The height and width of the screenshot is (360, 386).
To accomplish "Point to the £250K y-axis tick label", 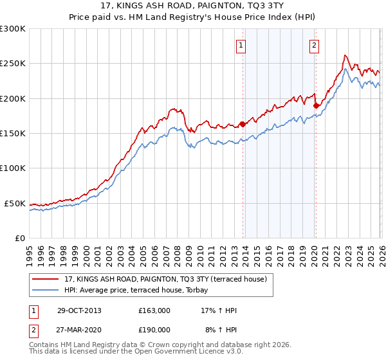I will tap(13, 64).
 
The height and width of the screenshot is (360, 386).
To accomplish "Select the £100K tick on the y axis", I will tap(13, 168).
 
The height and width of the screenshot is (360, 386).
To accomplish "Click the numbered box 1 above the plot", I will tap(241, 45).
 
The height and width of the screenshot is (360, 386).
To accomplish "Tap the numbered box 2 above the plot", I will tap(314, 45).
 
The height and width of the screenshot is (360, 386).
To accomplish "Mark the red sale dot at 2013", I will tap(243, 124).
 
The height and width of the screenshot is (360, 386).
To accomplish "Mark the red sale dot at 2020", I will tap(315, 105).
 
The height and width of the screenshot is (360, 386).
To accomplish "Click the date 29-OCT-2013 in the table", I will tap(78, 310).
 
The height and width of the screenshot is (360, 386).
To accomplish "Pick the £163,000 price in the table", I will tap(154, 310).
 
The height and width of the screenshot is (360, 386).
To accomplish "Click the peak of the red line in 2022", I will tap(345, 55).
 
